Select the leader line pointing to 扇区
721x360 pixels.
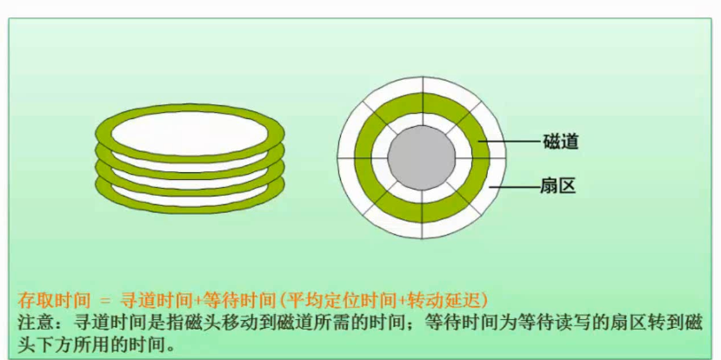coord(513,184)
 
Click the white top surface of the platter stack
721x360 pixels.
coord(189,130)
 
